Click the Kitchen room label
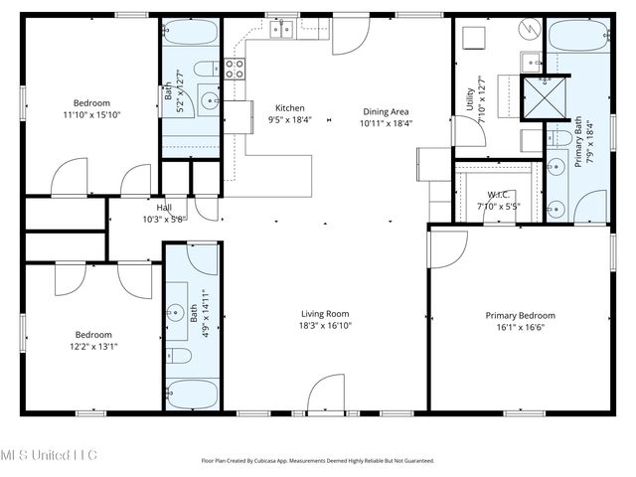290,108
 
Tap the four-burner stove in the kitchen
237,69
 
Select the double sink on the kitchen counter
280,30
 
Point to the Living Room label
326,313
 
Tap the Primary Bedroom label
520,316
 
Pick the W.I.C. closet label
498,194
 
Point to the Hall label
163,207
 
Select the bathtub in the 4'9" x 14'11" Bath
191,394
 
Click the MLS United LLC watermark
49,454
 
